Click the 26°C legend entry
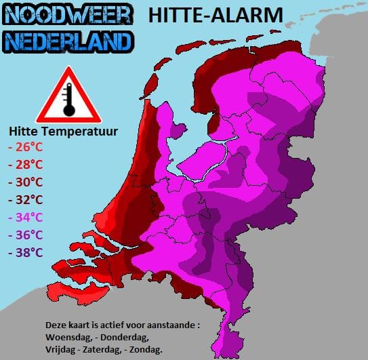[25, 146]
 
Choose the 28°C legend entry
[25, 164]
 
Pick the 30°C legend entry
[25, 182]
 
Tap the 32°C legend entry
[25, 199]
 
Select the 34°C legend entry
[25, 217]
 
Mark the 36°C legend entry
[25, 235]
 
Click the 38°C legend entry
[25, 252]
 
